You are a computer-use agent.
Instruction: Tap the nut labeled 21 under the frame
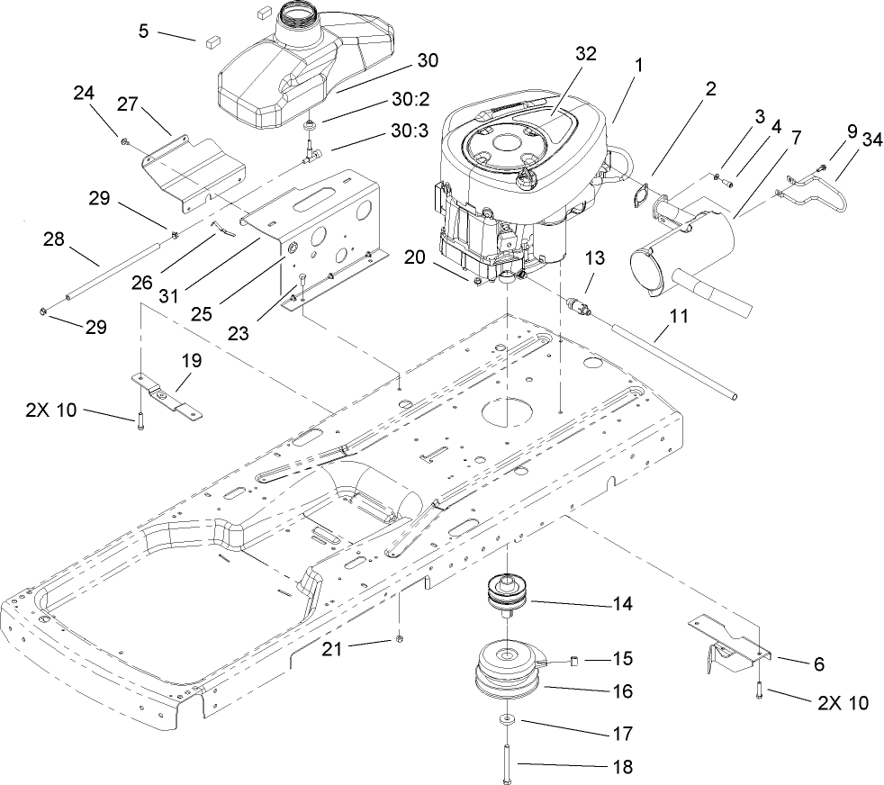[x=397, y=639]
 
